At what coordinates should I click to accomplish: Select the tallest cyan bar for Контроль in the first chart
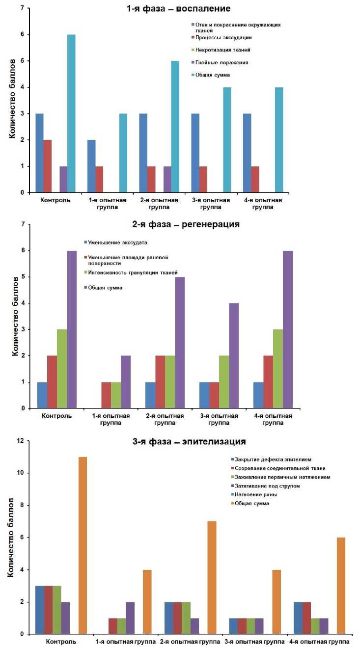(x=71, y=113)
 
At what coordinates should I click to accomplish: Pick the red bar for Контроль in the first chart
(x=47, y=166)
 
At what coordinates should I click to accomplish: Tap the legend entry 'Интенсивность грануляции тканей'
(x=133, y=272)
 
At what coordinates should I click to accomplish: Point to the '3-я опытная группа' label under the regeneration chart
(x=220, y=419)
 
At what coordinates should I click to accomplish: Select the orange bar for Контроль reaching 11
(x=83, y=545)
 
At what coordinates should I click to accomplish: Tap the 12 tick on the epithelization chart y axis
(x=20, y=441)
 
